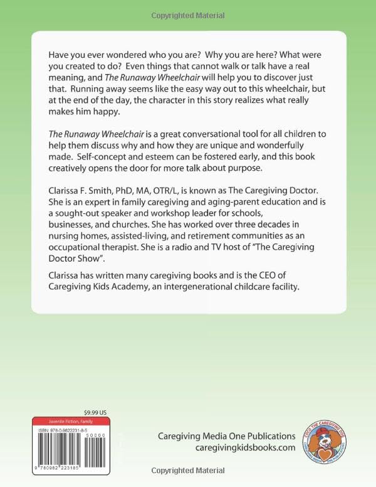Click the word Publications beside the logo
(x=267, y=436)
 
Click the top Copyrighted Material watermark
(x=188, y=15)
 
